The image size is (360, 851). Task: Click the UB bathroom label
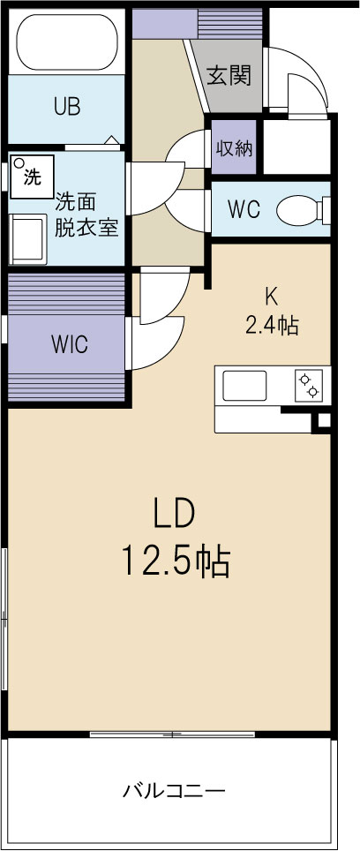point(66,107)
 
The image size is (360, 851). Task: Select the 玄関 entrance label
point(229,76)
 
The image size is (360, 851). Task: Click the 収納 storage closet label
point(235,147)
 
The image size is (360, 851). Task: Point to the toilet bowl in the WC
point(298,210)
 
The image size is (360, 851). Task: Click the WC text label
point(244,210)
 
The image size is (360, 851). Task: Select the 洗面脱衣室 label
point(86,214)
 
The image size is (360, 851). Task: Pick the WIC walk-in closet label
point(68,343)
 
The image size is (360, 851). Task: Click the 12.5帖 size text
point(176,559)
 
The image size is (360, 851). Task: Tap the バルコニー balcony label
point(174,790)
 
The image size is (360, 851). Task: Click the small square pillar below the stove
point(323,421)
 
